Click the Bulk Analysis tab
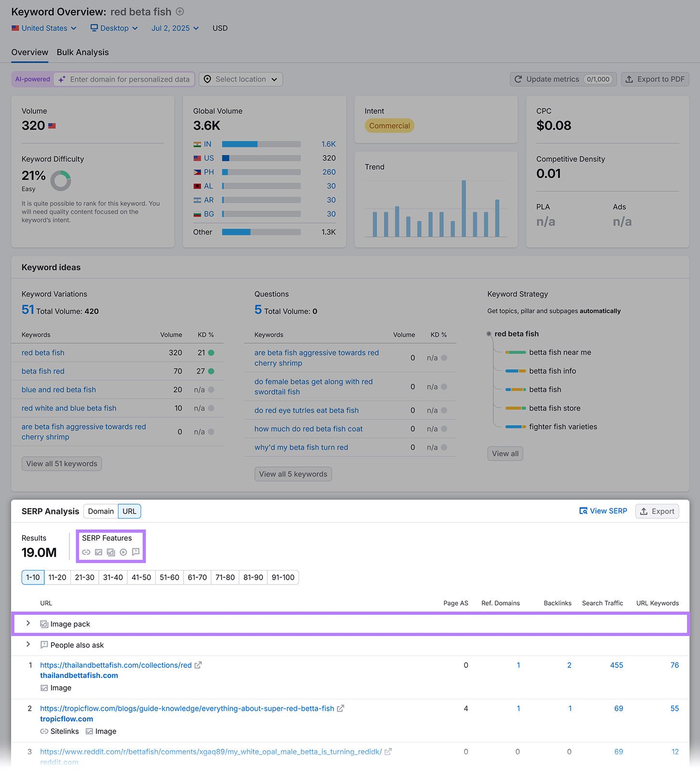(82, 52)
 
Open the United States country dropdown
(44, 28)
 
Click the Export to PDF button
(655, 79)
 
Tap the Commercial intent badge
(389, 126)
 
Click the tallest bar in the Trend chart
(463, 208)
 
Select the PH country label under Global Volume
(209, 172)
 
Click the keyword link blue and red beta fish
(59, 389)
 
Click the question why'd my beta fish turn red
(301, 447)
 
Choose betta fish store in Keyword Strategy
(555, 408)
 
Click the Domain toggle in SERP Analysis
(101, 511)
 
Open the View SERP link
(603, 511)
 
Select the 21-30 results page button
(85, 577)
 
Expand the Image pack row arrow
(28, 624)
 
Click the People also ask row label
(77, 645)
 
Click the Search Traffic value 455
(616, 665)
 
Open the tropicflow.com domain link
(66, 719)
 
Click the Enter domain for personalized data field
(130, 79)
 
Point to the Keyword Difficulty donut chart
(61, 181)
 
